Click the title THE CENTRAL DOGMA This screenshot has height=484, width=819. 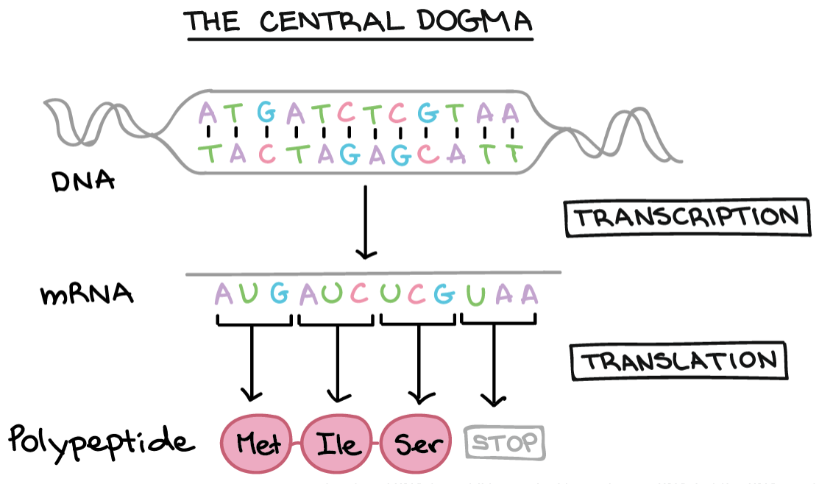[x=359, y=22]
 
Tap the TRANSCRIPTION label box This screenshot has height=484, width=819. [x=682, y=218]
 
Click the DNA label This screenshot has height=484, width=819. [x=83, y=181]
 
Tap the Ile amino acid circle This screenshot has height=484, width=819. [x=338, y=444]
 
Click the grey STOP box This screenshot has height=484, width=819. [x=506, y=443]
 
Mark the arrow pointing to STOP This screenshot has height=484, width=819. [x=494, y=366]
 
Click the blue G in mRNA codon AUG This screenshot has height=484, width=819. [x=280, y=295]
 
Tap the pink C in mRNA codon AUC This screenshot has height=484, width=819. [x=360, y=295]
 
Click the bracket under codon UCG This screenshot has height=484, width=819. [x=418, y=321]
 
